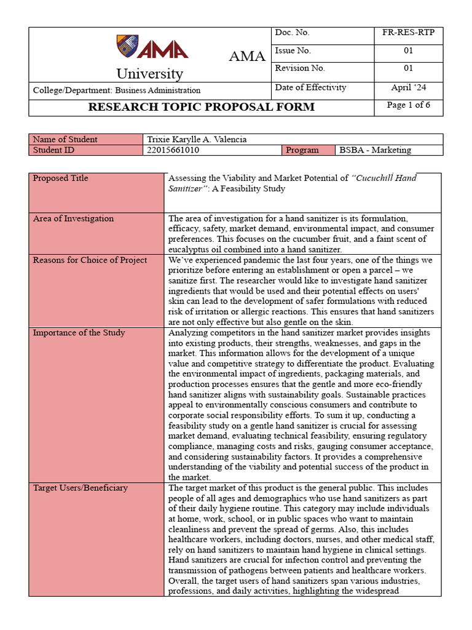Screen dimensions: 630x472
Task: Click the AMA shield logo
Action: point(127,46)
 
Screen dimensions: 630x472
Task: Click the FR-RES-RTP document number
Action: point(408,33)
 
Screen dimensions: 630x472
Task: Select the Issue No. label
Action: point(293,50)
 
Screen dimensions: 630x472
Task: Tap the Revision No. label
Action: point(300,68)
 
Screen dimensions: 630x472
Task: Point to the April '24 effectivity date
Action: point(408,87)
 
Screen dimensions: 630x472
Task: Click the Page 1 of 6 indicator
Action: point(408,105)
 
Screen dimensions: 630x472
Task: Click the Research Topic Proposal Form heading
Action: point(201,107)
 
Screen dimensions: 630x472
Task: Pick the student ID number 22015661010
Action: point(173,150)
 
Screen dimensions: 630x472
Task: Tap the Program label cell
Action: point(302,150)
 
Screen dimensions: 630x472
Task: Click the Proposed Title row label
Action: point(60,178)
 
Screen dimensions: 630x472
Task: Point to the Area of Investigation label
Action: point(73,218)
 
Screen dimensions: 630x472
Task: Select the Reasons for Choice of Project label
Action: point(90,260)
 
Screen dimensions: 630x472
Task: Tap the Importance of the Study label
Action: point(79,333)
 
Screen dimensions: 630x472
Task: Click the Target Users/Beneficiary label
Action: point(80,488)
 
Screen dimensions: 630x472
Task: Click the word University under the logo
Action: point(149,74)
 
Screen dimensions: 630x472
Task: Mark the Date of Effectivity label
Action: point(310,87)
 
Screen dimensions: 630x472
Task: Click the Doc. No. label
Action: point(292,33)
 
